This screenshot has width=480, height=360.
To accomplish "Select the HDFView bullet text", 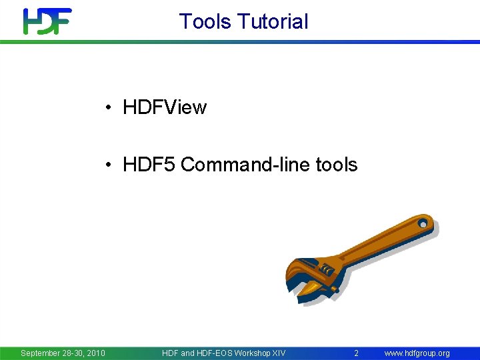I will point(165,107).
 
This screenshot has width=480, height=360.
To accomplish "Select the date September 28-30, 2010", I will point(63,353).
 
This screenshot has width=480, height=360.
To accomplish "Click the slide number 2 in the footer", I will point(357,353).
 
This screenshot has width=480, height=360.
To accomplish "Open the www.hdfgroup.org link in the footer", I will point(417,353).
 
